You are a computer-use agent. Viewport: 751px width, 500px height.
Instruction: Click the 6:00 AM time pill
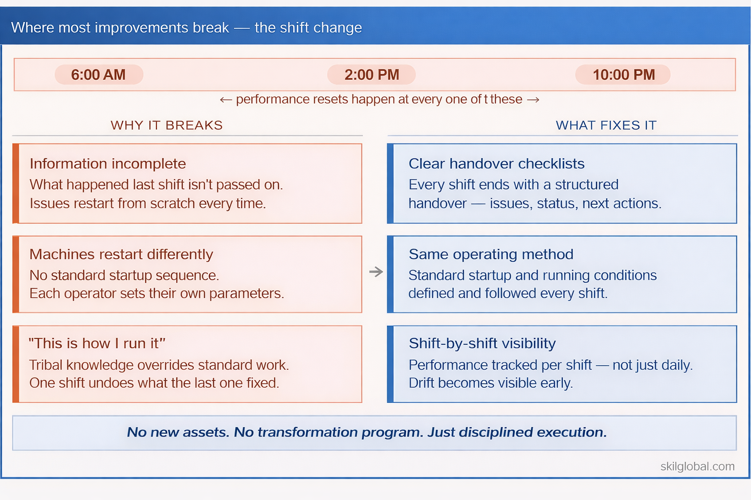[x=99, y=75]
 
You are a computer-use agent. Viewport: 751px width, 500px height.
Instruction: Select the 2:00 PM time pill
[x=372, y=75]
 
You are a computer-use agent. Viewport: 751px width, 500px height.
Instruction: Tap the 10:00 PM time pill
[x=623, y=75]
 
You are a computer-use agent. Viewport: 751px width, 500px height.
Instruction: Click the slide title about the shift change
[x=186, y=28]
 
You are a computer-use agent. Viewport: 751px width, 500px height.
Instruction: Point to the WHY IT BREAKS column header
[x=167, y=125]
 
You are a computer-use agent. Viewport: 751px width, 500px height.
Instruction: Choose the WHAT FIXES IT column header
[x=606, y=125]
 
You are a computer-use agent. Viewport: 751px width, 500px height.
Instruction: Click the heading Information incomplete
[x=108, y=164]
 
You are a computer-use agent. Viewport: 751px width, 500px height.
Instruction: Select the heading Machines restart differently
[x=121, y=254]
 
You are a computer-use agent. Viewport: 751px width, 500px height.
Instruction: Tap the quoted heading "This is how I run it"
[x=97, y=343]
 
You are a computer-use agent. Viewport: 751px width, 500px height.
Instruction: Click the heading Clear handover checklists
[x=496, y=164]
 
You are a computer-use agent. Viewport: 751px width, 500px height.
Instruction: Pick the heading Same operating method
[x=491, y=254]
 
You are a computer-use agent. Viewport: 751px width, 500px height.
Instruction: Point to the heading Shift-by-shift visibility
[x=482, y=343]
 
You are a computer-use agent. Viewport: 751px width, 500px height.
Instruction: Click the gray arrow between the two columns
[x=375, y=271]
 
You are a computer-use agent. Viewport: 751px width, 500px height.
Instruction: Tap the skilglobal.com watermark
[x=697, y=466]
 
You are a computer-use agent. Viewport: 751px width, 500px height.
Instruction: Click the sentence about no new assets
[x=367, y=432]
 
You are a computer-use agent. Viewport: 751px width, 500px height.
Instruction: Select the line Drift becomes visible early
[x=490, y=383]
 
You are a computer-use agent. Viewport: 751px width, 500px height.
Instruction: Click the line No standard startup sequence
[x=124, y=275]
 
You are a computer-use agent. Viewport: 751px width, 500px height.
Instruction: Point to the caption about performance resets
[x=379, y=100]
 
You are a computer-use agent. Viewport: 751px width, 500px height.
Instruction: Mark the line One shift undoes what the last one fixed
[x=154, y=383]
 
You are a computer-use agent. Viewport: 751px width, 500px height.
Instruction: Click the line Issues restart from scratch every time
[x=148, y=204]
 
